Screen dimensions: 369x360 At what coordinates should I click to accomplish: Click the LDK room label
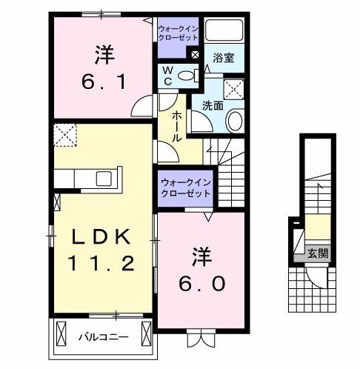point(101,237)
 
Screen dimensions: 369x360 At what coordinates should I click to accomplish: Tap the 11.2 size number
point(101,262)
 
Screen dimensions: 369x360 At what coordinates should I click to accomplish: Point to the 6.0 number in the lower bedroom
point(201,283)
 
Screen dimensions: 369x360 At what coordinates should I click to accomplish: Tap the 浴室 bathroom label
point(224,58)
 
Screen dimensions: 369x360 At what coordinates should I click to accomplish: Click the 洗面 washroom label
point(213,105)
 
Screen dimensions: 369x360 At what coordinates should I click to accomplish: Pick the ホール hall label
point(179,127)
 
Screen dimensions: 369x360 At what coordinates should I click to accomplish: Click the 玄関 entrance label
point(319,253)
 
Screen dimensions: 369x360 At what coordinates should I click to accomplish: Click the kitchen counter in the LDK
point(81,179)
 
